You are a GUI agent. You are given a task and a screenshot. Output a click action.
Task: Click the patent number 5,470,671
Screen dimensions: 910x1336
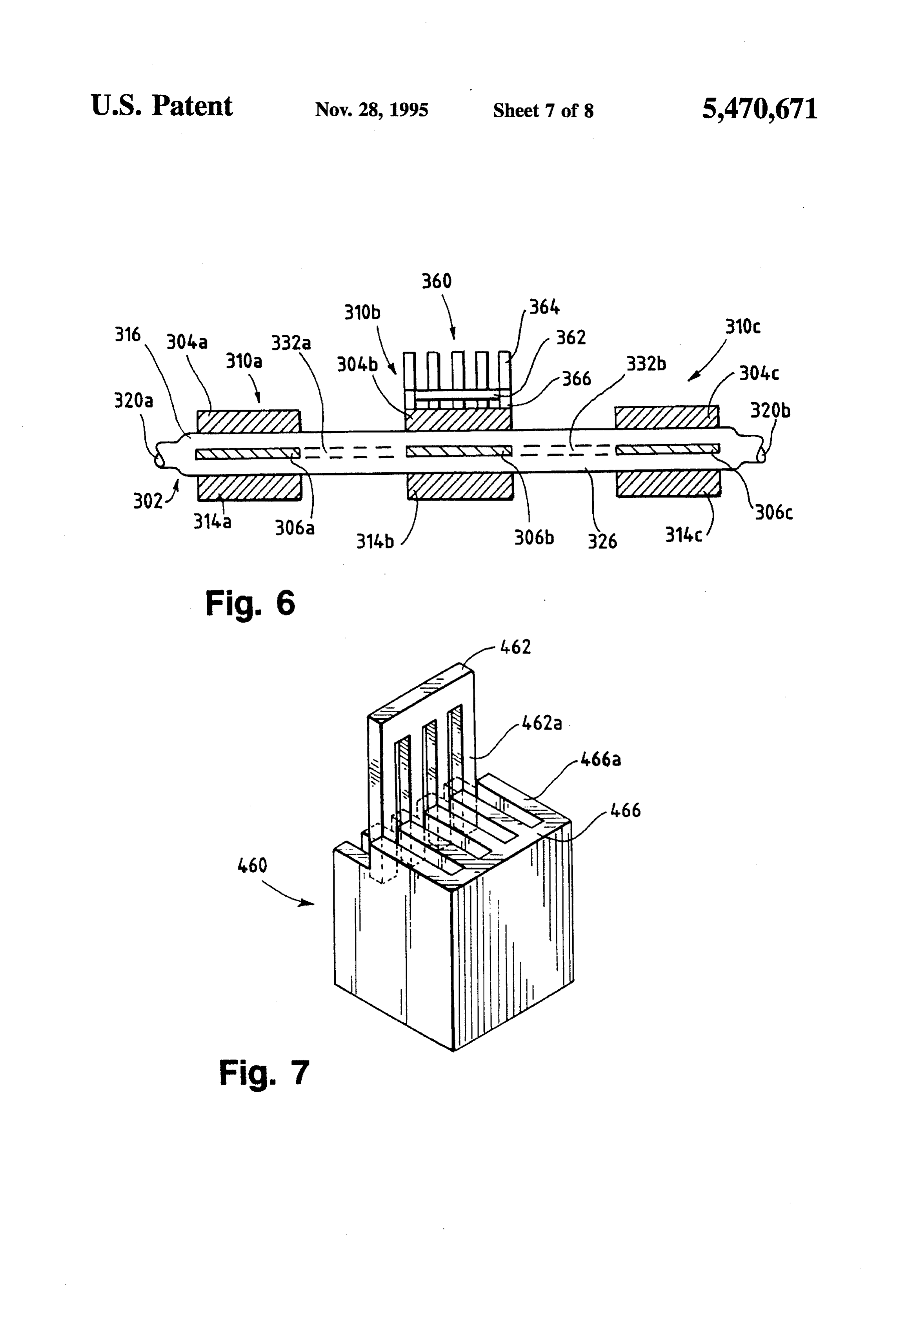[759, 109]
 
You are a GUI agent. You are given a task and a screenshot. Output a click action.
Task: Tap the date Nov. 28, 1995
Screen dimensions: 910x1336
[371, 110]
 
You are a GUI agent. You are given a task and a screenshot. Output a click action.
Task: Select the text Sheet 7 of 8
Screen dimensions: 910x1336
[543, 111]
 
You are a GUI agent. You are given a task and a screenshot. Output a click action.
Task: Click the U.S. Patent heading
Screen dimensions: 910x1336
[162, 106]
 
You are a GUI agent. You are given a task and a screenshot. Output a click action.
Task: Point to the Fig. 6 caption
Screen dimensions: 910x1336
[250, 604]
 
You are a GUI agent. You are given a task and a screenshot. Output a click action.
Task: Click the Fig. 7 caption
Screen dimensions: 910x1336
[264, 1073]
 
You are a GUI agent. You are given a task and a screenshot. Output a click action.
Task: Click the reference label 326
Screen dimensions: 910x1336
[602, 541]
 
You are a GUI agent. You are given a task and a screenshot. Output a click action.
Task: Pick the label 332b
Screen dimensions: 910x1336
[646, 364]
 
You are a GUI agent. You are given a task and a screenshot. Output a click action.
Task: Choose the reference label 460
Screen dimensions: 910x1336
[253, 865]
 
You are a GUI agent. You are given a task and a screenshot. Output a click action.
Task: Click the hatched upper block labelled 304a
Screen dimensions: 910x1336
[249, 421]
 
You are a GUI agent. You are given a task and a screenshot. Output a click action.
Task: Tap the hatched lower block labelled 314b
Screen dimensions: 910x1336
[460, 487]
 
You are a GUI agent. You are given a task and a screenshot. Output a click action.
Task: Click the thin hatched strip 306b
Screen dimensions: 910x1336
[459, 451]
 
